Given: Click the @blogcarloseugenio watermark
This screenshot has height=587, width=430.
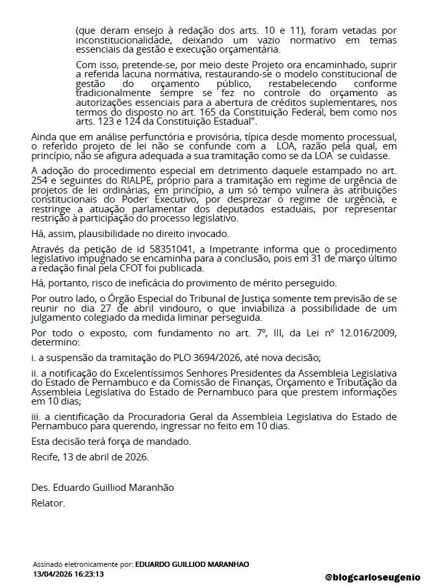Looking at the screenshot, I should coord(373,577).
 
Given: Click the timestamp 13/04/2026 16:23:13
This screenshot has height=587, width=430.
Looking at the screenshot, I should coord(69,574).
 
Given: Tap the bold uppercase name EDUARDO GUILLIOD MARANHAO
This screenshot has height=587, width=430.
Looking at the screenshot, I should coord(192,565).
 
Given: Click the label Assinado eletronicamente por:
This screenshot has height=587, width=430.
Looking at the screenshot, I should coord(83,565).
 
